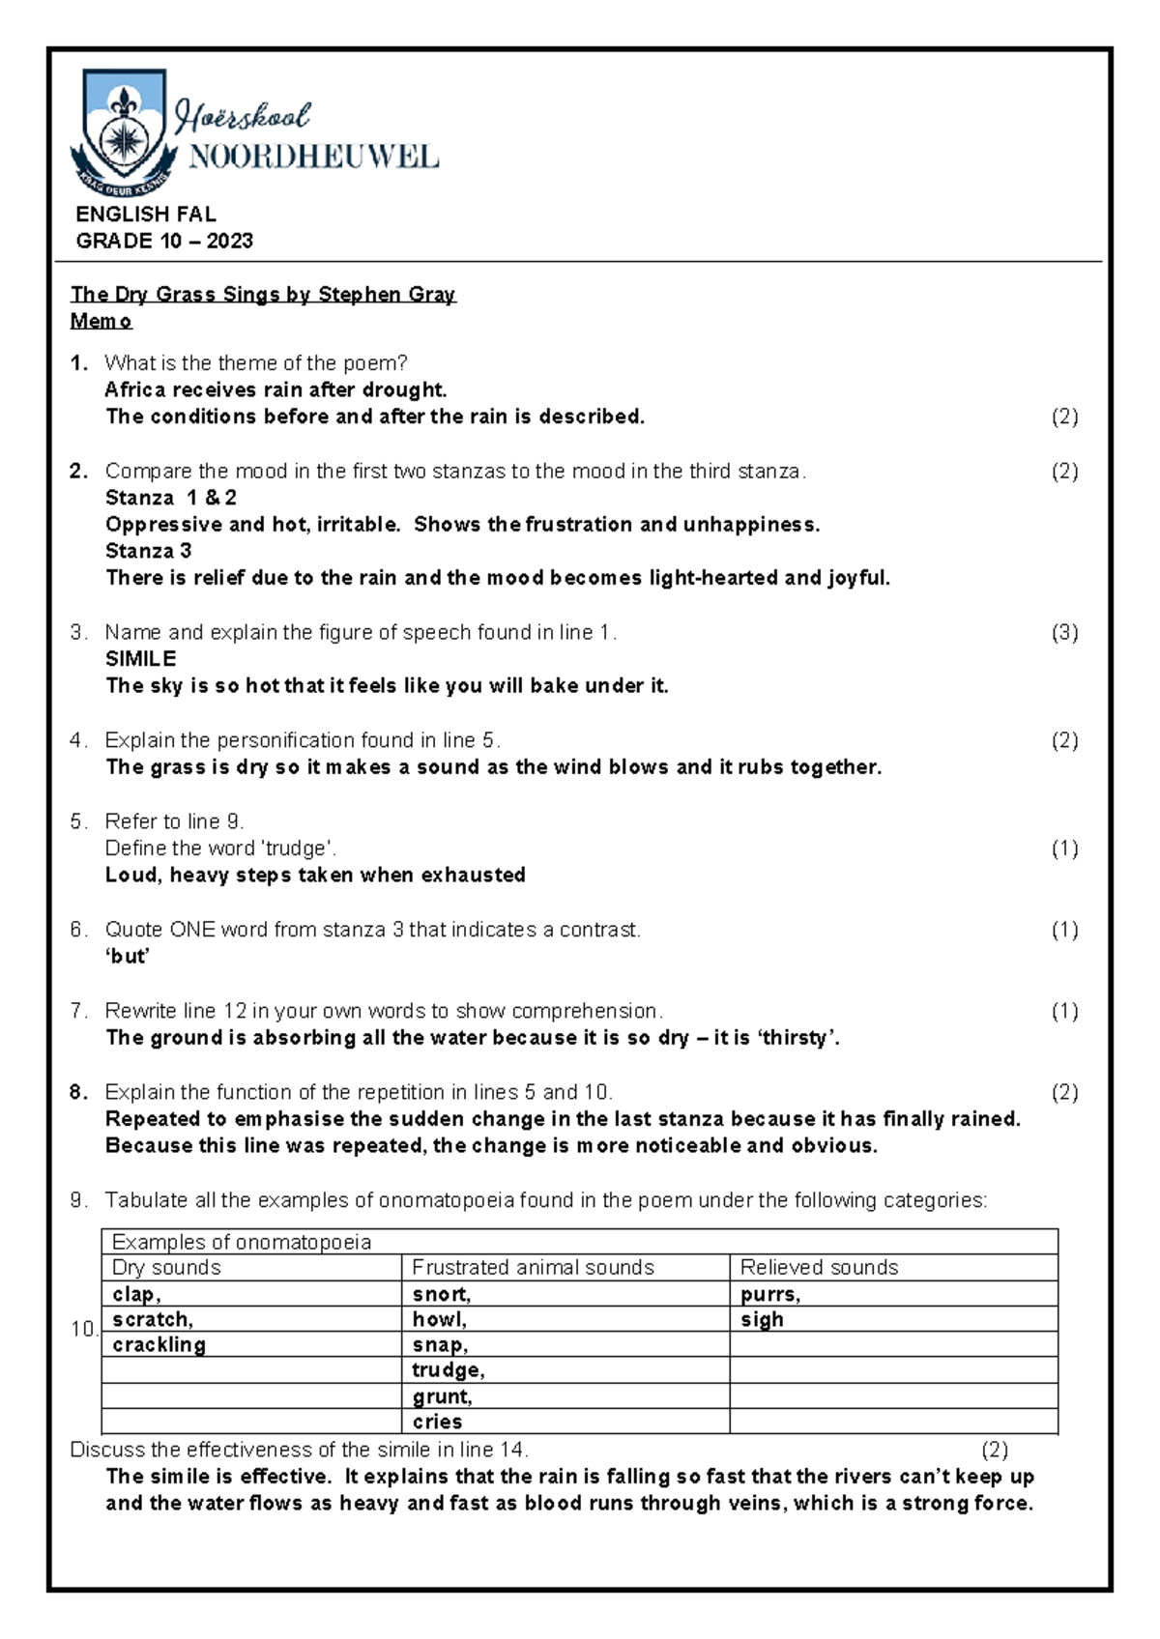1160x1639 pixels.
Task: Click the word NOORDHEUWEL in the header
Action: point(313,158)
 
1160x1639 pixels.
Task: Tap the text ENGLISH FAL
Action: point(146,215)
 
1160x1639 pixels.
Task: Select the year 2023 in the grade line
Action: point(230,242)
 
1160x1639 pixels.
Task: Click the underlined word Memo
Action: point(101,322)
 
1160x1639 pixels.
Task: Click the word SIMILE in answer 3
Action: point(141,659)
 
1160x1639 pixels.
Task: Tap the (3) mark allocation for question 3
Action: point(1063,633)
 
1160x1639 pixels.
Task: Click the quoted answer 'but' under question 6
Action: point(128,957)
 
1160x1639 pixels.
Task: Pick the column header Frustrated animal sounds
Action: point(533,1268)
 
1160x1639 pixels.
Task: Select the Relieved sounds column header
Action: point(819,1268)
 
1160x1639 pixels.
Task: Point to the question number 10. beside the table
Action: point(85,1330)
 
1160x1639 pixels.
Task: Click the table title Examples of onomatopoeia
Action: point(242,1243)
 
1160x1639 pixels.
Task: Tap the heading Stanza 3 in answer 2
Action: point(149,552)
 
